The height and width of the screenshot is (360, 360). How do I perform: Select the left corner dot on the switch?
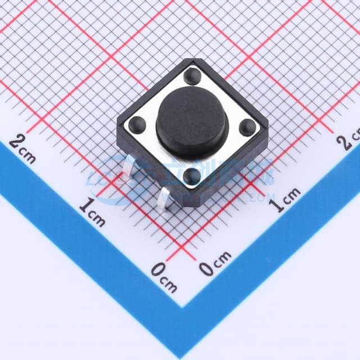tap(138, 124)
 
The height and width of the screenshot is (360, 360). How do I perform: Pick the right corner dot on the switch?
tap(246, 127)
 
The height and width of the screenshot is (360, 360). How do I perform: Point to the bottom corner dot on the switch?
tap(191, 175)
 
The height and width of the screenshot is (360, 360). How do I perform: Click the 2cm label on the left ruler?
tap(23, 147)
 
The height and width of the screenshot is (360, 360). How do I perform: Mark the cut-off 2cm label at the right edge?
tap(349, 139)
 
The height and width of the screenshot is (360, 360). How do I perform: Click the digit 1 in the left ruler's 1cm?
tap(84, 208)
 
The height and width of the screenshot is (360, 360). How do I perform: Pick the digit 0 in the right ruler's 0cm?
tap(208, 268)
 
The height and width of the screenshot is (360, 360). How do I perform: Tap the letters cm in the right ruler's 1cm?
tap(291, 195)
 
